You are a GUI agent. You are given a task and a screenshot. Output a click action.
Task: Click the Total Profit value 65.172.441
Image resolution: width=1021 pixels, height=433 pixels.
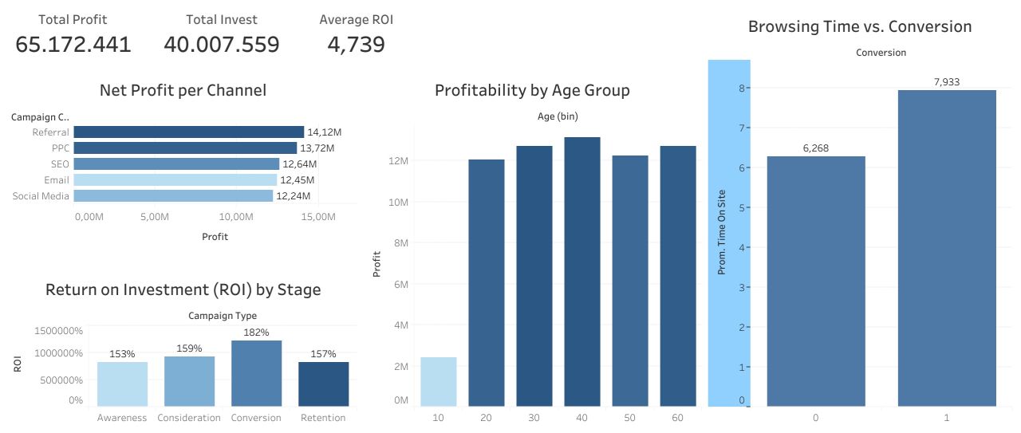coord(73,45)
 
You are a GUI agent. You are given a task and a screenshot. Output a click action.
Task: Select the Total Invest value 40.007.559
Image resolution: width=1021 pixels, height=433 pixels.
coord(222,45)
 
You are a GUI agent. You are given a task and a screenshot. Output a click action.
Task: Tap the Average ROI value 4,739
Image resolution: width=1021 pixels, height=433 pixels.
coord(356,45)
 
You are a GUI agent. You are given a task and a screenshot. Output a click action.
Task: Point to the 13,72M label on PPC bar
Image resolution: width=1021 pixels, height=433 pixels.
coord(317,148)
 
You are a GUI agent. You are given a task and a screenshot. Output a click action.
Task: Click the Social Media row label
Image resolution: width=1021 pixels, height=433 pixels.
coord(41,196)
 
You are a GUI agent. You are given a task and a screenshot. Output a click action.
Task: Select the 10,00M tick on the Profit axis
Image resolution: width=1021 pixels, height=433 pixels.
coord(236,217)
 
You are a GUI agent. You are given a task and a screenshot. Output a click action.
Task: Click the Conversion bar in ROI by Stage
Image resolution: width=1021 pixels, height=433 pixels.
coord(256,375)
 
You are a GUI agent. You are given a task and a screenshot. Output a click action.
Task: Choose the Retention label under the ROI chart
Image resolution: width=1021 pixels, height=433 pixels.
coord(323,418)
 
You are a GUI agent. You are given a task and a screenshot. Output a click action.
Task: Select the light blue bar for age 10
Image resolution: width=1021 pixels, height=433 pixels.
coord(438,381)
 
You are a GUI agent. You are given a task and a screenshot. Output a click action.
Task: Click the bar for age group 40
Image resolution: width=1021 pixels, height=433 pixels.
coord(582,271)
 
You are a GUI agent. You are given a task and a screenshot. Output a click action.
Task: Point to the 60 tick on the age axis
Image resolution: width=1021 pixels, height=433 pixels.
coord(678,418)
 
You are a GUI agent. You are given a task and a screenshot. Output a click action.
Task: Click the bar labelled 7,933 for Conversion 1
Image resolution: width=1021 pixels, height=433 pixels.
coord(947,247)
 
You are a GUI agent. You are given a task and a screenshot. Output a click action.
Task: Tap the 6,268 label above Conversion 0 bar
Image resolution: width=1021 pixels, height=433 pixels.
coord(816,148)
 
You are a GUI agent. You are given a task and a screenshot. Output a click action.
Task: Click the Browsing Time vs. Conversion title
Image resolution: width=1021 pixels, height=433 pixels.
coord(859,27)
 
